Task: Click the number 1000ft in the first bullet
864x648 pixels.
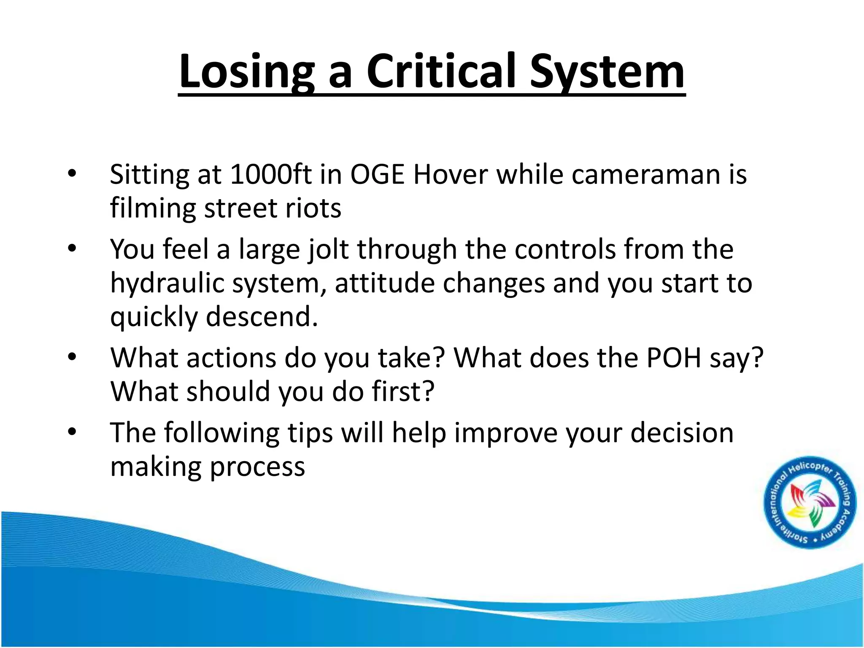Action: pos(270,174)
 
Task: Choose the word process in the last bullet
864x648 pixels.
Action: pos(257,467)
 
